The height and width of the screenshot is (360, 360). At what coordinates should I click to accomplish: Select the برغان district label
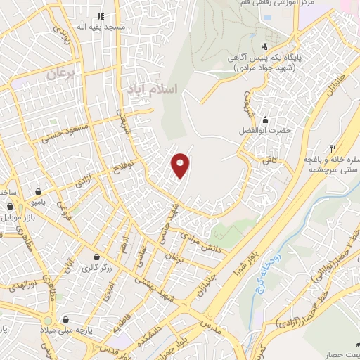60,73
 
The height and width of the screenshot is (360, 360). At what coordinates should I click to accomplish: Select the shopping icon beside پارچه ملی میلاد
65,319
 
